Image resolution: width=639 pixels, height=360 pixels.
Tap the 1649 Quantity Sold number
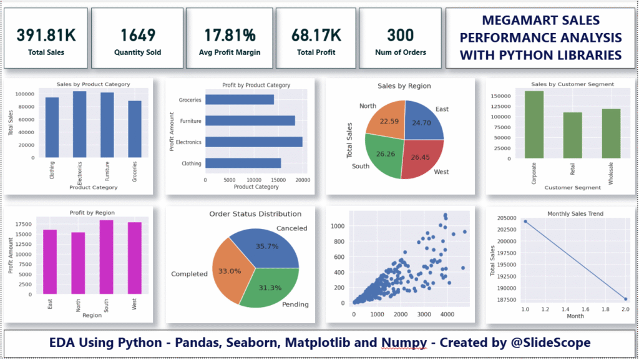click(139, 34)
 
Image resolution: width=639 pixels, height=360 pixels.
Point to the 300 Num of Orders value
click(400, 34)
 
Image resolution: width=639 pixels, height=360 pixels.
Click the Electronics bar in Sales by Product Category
click(79, 125)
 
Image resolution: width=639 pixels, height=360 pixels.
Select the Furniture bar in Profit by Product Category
click(250, 121)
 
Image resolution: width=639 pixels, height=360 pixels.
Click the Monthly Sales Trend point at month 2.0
click(625, 299)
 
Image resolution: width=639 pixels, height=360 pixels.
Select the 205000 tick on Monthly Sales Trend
click(504, 218)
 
